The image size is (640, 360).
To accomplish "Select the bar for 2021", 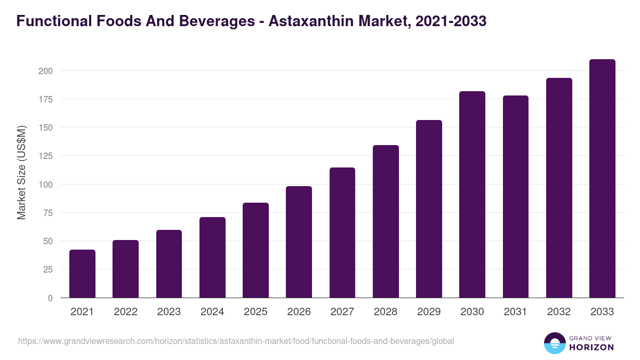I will [82, 274].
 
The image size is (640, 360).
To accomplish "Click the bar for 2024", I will [212, 258].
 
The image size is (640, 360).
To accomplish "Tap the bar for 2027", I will [342, 233].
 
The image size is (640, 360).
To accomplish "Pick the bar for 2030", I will [472, 195].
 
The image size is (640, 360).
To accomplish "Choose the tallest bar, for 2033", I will [602, 179].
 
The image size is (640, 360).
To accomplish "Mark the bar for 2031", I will [516, 197].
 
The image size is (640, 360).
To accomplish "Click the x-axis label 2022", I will [125, 312].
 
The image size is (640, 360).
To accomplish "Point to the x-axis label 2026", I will [299, 312].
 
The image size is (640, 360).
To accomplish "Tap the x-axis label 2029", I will [429, 312].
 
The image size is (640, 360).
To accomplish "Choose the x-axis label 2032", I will [559, 312].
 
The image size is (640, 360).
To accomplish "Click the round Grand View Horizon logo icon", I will [554, 343].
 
